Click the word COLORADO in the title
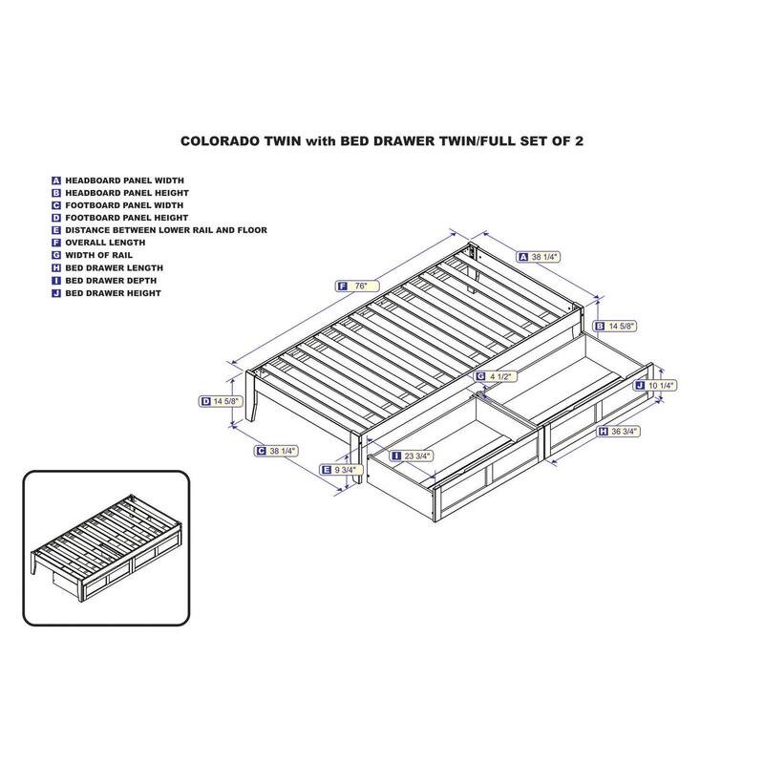tap(220, 141)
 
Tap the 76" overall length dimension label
tap(357, 286)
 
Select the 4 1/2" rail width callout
tap(495, 376)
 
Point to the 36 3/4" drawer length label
tap(618, 432)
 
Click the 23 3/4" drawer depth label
tap(412, 456)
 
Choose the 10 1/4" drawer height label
tap(655, 386)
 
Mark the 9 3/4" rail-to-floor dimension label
tap(341, 470)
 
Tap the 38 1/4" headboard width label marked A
tap(539, 257)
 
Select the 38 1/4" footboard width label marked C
tap(276, 451)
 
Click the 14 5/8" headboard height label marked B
tap(615, 326)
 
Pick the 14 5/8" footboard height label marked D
tap(221, 401)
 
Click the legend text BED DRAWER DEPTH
tap(111, 281)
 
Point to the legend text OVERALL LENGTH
tap(105, 243)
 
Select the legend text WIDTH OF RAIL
tap(99, 255)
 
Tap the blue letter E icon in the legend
tap(56, 230)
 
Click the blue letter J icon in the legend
tap(56, 293)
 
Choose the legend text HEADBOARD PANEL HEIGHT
tap(127, 193)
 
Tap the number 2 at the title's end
tap(579, 141)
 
